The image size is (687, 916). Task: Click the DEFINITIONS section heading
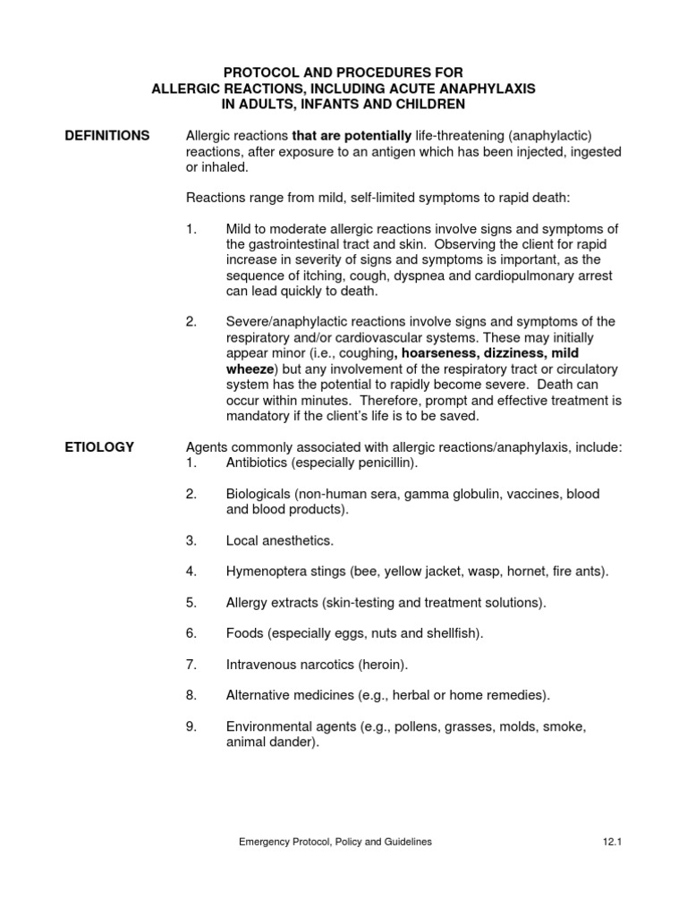106,136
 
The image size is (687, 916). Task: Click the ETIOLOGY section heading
100,447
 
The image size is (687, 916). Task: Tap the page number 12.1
612,842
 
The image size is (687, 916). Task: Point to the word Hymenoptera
266,572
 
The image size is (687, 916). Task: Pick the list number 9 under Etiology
191,726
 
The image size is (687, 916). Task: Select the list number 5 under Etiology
191,603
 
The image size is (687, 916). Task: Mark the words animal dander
271,742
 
